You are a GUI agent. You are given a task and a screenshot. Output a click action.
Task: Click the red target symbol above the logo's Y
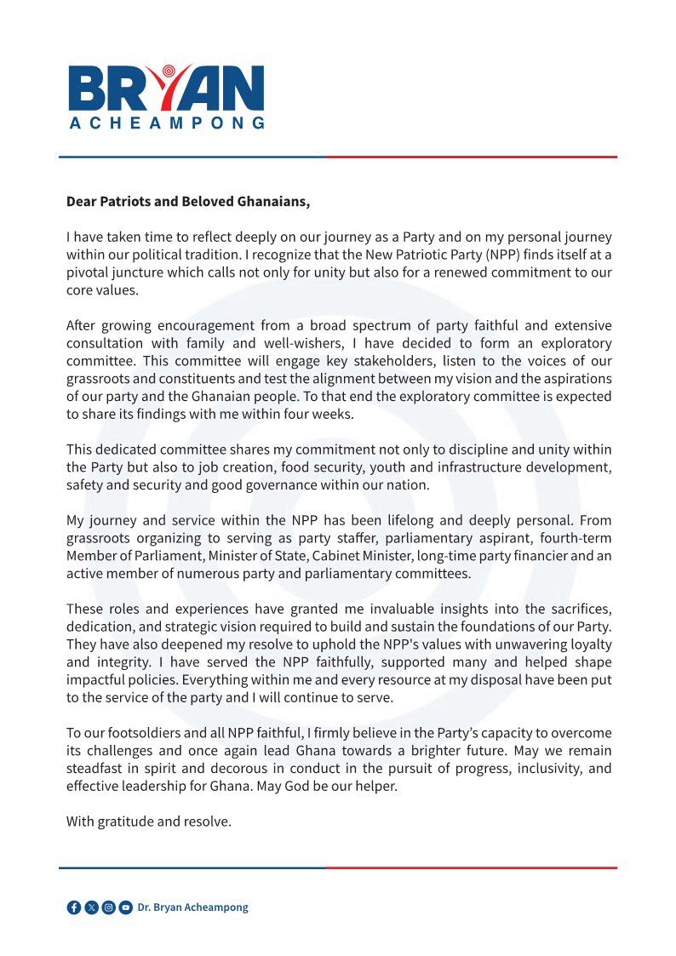(168, 71)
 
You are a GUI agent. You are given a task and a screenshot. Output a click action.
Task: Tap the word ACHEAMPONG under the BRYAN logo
(166, 123)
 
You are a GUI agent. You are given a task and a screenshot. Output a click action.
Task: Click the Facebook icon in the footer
(74, 907)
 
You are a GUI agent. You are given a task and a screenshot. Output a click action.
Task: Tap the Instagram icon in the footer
(108, 907)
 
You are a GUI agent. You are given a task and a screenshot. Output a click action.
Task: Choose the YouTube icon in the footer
(125, 907)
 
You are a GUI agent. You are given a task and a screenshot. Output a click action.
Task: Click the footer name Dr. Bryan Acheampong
(193, 907)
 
